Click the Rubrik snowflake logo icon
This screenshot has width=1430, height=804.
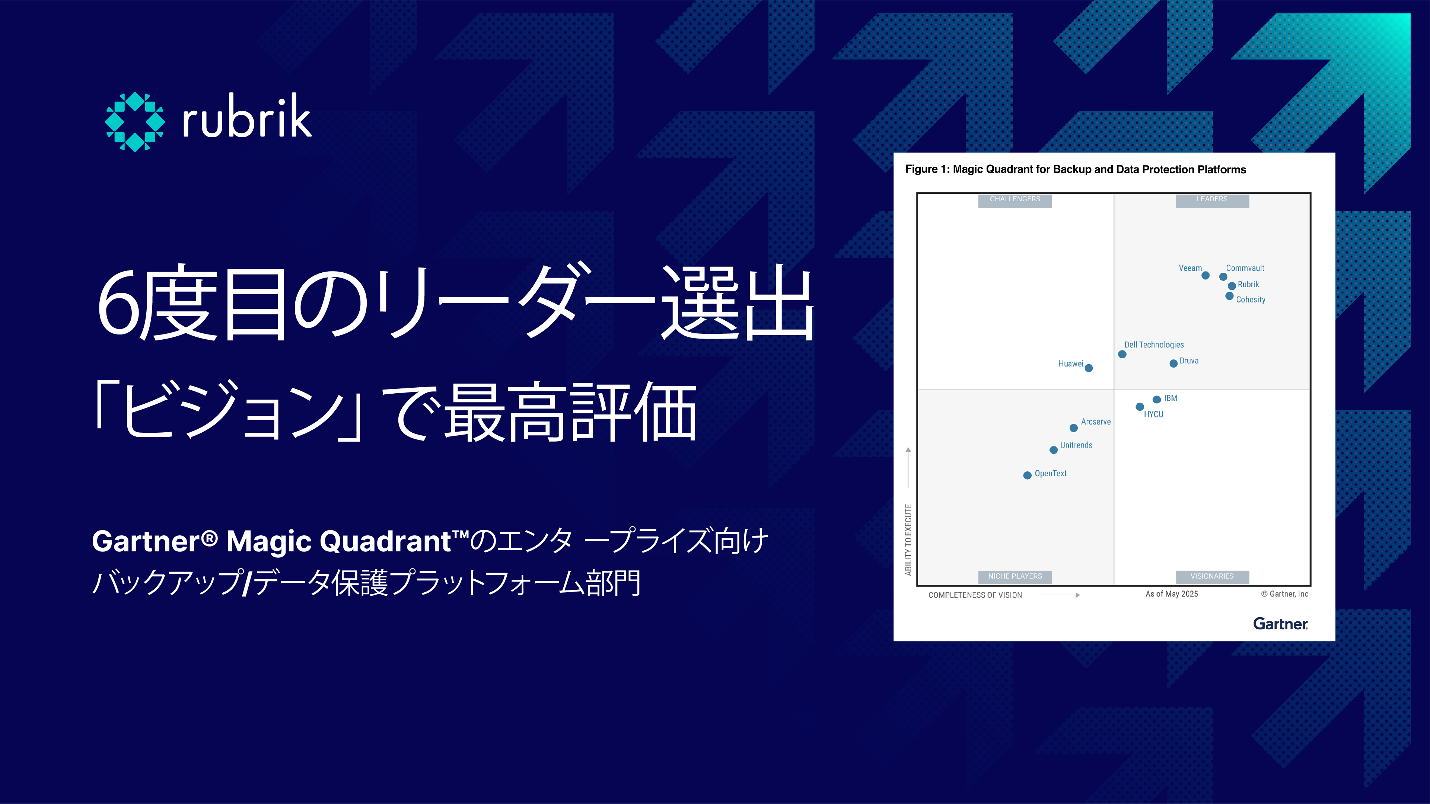coord(135,122)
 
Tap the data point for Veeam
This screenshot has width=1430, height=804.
coord(1205,275)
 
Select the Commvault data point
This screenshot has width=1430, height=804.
coord(1223,276)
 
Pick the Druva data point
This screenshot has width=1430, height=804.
coord(1173,363)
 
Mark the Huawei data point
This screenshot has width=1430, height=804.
coord(1089,368)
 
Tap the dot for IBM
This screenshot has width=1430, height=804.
coord(1156,400)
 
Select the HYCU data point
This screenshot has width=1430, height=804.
coord(1139,407)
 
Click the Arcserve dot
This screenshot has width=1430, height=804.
coord(1074,428)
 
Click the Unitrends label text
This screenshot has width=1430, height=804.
coord(1076,445)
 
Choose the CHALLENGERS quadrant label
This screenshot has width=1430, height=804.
coord(1015,199)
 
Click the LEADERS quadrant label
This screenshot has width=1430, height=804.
coord(1212,199)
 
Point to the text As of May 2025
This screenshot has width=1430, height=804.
coord(1171,594)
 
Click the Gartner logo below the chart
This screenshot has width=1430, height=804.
coord(1280,624)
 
